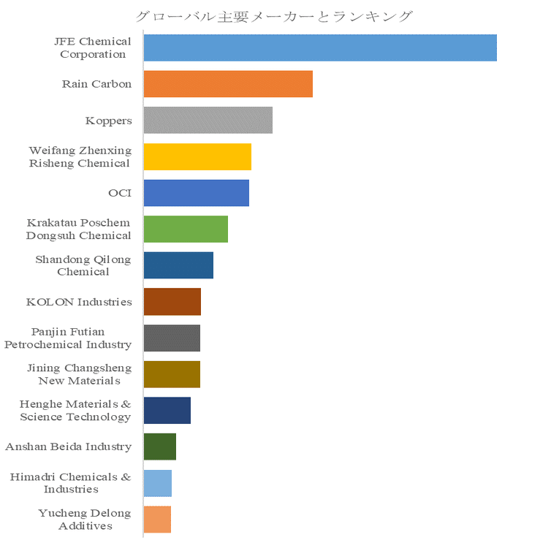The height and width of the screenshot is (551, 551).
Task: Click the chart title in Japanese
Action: pyautogui.click(x=275, y=16)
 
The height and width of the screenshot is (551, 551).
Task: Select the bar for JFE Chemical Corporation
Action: pyautogui.click(x=320, y=47)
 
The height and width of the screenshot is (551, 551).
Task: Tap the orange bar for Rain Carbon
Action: pyautogui.click(x=228, y=84)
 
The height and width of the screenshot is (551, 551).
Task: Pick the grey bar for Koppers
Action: pyautogui.click(x=208, y=120)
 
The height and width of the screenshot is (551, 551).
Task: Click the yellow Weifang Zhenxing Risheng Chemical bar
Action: pyautogui.click(x=197, y=156)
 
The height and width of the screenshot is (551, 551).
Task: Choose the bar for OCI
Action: pyautogui.click(x=197, y=193)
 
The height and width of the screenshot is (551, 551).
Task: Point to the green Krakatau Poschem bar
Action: pyautogui.click(x=186, y=229)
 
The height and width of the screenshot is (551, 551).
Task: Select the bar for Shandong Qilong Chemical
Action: pyautogui.click(x=178, y=265)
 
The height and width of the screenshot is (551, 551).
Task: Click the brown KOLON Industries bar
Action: pyautogui.click(x=172, y=301)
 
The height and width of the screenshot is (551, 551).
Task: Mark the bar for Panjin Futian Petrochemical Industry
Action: pyautogui.click(x=172, y=338)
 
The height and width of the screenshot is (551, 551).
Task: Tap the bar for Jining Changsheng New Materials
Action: pyautogui.click(x=172, y=374)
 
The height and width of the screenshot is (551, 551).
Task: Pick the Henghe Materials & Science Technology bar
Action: pyautogui.click(x=167, y=410)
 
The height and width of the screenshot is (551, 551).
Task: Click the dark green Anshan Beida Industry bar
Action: pyautogui.click(x=160, y=446)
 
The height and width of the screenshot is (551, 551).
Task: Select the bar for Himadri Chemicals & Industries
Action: pyautogui.click(x=158, y=483)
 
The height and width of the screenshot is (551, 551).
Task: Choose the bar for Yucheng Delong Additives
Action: pyautogui.click(x=157, y=519)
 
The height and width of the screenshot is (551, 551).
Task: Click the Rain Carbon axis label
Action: pyautogui.click(x=96, y=84)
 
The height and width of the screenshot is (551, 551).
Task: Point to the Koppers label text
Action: pyautogui.click(x=108, y=121)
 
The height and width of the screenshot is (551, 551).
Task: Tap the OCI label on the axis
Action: pyautogui.click(x=119, y=193)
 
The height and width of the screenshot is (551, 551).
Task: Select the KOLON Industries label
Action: pyautogui.click(x=79, y=302)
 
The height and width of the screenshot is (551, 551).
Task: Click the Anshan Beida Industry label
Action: pyautogui.click(x=69, y=446)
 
